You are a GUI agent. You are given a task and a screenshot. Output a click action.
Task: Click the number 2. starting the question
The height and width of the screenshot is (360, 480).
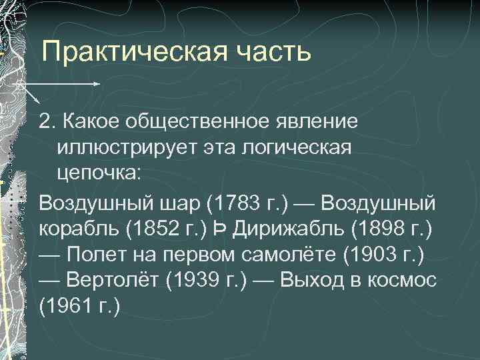point(47,122)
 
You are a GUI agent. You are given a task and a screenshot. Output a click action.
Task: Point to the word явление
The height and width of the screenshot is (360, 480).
point(315,122)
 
